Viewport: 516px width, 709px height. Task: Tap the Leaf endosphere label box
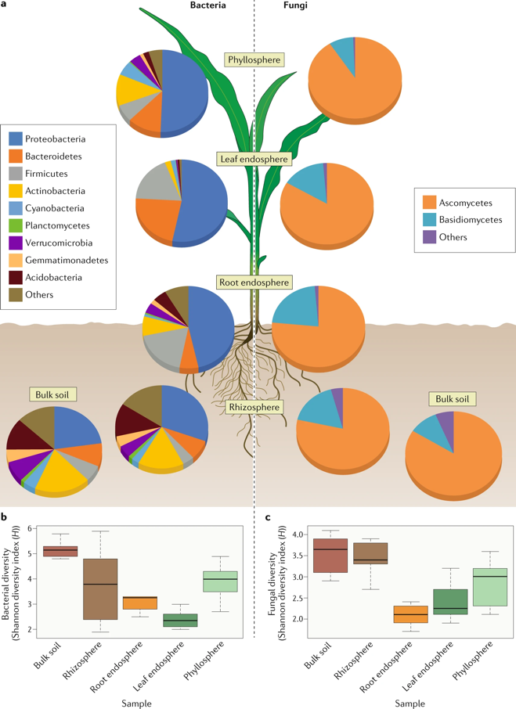[254, 159]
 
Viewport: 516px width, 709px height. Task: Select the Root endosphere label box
[254, 282]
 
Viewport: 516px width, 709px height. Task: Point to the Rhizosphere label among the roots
[254, 407]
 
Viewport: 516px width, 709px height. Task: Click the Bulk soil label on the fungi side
[453, 399]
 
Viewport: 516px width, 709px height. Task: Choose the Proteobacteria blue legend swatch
[16, 139]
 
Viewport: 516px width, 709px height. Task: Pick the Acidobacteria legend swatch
[16, 277]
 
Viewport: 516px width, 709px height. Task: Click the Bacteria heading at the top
[209, 6]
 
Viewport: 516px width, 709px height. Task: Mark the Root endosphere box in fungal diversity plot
[410, 614]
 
